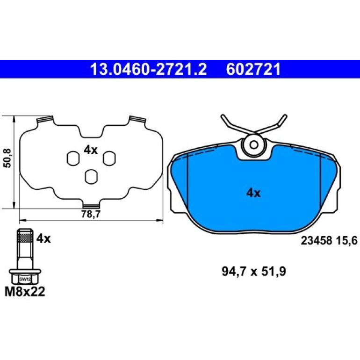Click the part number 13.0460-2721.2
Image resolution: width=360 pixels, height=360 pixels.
pos(149,69)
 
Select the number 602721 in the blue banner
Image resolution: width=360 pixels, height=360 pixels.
pos(253,69)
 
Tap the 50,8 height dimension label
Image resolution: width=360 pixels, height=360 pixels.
pos(8,158)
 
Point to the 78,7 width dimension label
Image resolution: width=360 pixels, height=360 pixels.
pos(91,214)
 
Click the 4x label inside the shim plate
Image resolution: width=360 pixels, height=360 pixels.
pos(91,151)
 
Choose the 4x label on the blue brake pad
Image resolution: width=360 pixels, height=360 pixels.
pos(253,193)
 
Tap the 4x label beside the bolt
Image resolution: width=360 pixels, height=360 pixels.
pos(43,239)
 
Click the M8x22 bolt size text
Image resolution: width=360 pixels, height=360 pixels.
pos(25,292)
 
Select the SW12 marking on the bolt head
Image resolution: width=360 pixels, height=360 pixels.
pos(25,280)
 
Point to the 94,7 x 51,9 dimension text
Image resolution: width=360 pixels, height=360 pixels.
pos(254,272)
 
